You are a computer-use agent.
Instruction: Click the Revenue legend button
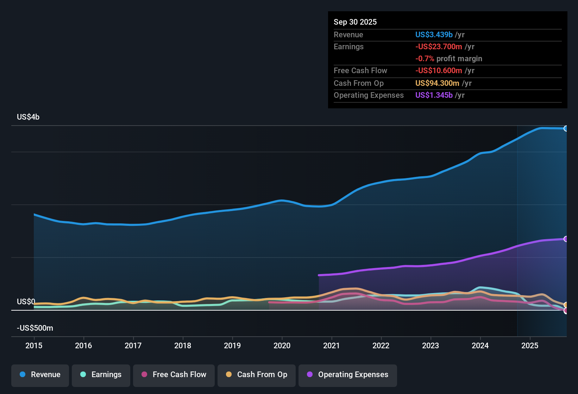click(x=40, y=375)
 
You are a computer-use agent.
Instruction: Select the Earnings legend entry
click(x=101, y=375)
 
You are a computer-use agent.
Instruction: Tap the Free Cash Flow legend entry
click(x=174, y=375)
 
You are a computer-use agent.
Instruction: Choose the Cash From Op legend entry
click(x=257, y=375)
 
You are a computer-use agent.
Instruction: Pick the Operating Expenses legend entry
click(x=348, y=375)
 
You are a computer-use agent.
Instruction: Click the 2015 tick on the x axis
click(x=34, y=345)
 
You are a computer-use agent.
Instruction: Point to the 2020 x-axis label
click(x=282, y=345)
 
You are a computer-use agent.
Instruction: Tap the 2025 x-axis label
click(x=530, y=345)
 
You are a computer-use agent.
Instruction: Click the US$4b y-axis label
click(x=28, y=117)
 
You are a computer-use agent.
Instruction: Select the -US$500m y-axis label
click(x=35, y=328)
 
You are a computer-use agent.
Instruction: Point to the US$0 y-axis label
click(x=26, y=302)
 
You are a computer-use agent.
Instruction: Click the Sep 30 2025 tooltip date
click(x=355, y=22)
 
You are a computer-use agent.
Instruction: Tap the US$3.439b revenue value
click(x=434, y=35)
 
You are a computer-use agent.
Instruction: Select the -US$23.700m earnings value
click(x=439, y=47)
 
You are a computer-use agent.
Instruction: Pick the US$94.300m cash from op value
click(x=437, y=83)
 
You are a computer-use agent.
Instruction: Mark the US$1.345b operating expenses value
click(x=434, y=95)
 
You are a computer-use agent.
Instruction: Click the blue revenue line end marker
click(x=566, y=128)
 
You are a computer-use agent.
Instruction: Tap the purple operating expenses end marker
click(x=566, y=239)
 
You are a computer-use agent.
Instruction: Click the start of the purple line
click(x=319, y=275)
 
